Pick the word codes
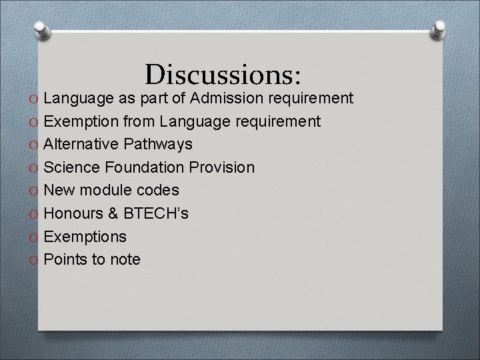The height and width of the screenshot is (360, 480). (x=157, y=190)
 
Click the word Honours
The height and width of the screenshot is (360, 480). (x=71, y=213)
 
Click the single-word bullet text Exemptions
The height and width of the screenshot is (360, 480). (x=85, y=237)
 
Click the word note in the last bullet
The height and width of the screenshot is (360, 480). (x=125, y=259)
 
